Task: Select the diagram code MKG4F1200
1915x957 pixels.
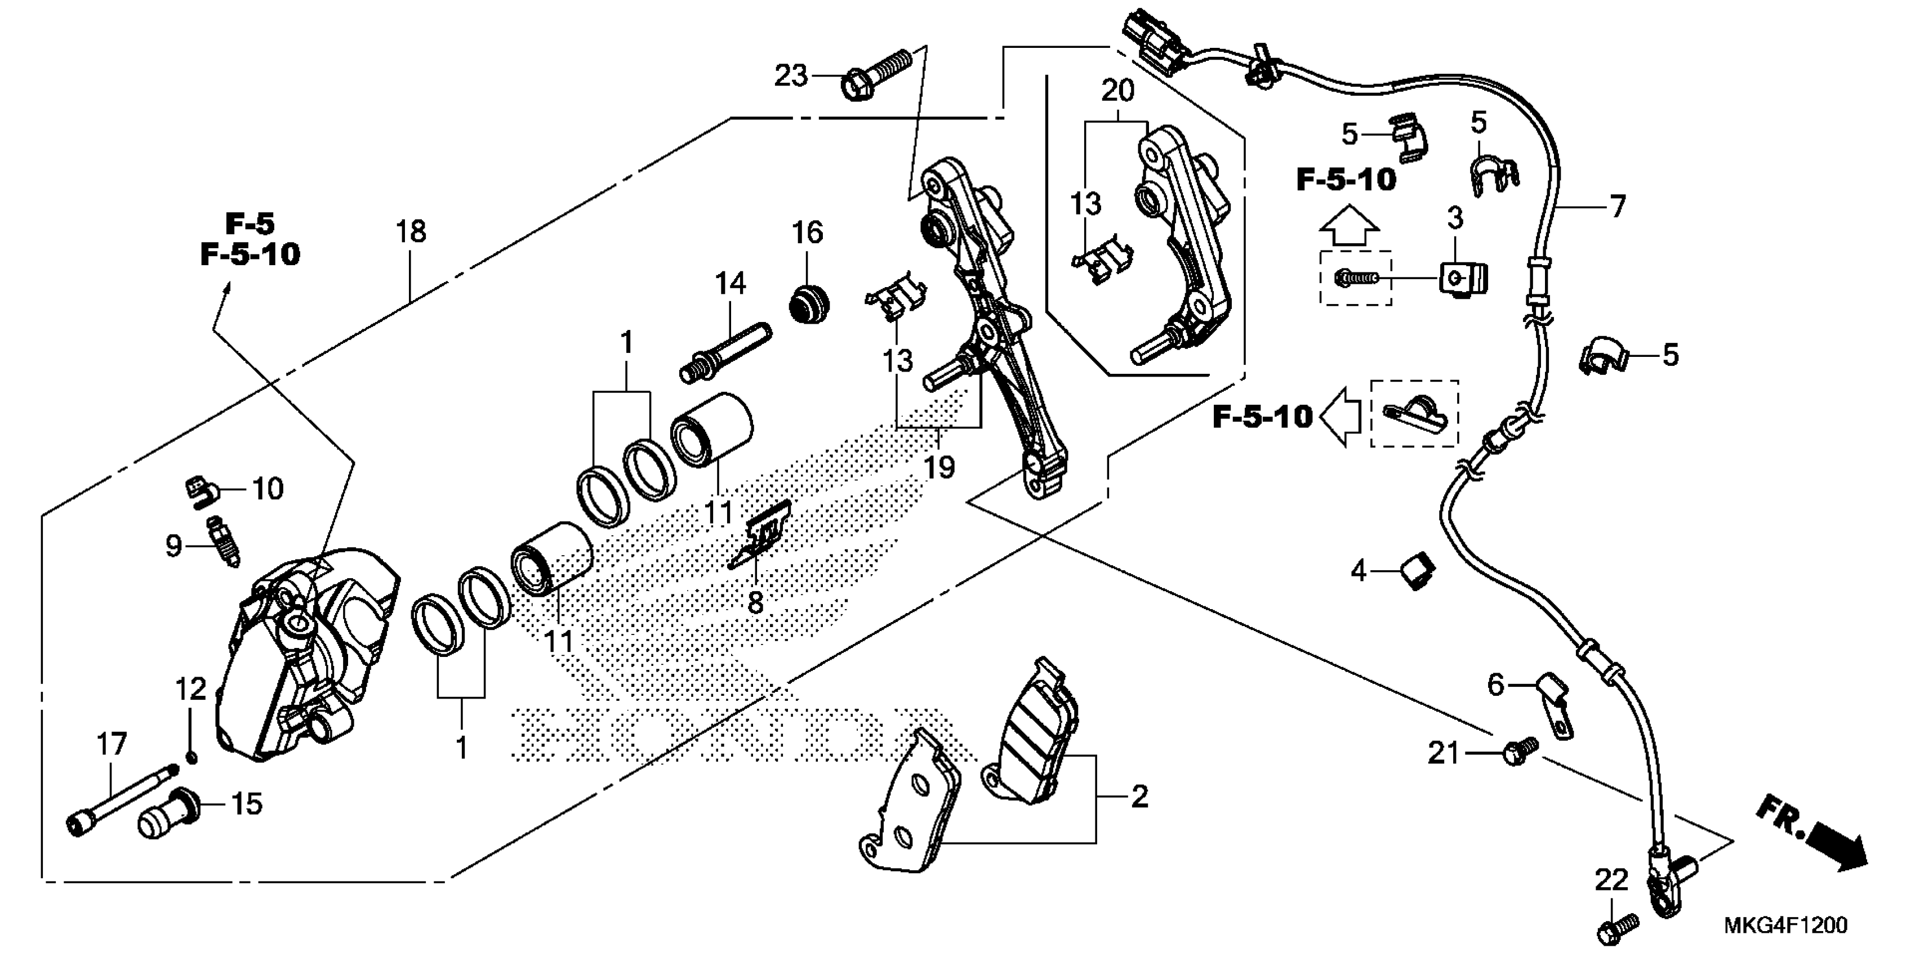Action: (1784, 925)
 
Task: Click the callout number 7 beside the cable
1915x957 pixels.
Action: (1618, 206)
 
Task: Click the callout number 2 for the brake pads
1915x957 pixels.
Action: (1139, 797)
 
